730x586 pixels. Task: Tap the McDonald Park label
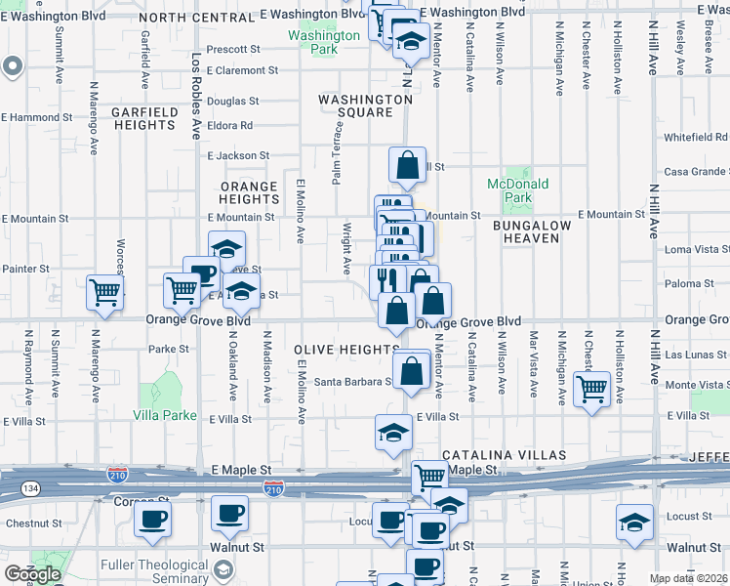tap(518, 190)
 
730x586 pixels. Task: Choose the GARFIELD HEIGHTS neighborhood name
tap(143, 118)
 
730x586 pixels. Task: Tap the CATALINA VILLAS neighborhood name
tap(504, 455)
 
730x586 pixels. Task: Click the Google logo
tap(32, 573)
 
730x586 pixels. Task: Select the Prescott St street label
tap(234, 48)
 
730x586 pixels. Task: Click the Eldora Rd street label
tap(230, 125)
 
